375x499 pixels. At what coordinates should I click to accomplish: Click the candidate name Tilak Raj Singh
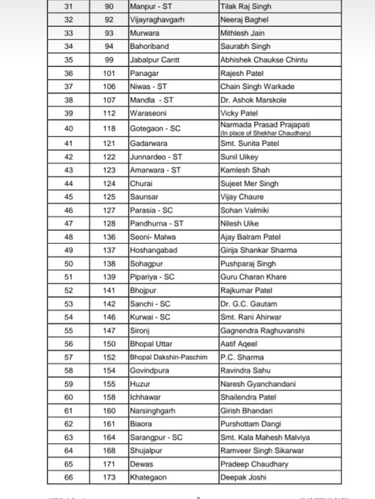click(x=245, y=7)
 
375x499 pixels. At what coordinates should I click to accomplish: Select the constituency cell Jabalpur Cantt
click(x=155, y=60)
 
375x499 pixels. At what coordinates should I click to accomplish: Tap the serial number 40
click(x=69, y=128)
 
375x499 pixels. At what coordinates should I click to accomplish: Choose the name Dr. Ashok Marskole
click(x=253, y=100)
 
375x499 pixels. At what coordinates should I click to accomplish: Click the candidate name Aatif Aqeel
click(x=239, y=344)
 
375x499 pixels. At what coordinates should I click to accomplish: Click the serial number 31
click(x=69, y=7)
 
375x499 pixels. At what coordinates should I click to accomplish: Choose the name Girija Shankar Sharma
click(x=259, y=250)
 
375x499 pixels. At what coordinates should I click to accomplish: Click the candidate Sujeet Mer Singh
click(x=249, y=183)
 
